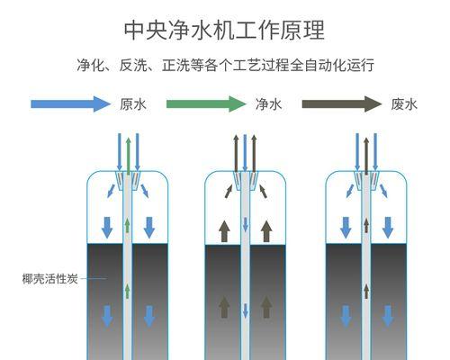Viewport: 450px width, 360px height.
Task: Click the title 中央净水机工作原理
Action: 224,30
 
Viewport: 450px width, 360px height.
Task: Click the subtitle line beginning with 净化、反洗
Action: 225,65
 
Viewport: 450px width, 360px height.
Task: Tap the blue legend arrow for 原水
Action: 71,104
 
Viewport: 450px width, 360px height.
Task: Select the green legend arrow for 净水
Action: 206,104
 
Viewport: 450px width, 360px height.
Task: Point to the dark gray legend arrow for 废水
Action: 342,104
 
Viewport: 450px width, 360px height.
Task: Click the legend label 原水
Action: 133,104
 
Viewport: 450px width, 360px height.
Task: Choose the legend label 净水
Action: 268,104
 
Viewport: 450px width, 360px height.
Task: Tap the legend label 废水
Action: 404,104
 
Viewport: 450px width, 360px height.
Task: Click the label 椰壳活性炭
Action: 50,279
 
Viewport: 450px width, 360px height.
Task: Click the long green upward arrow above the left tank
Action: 129,157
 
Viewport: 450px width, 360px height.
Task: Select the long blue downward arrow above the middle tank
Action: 245,153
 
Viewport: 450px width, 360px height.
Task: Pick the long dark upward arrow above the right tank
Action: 366,157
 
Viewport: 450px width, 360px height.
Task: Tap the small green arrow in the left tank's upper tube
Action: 128,226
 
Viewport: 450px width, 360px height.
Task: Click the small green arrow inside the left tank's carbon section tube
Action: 128,291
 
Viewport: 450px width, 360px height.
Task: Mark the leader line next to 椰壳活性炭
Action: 94,278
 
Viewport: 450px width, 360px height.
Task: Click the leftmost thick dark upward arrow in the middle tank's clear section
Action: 224,231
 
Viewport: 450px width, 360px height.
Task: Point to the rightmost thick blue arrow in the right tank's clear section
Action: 388,228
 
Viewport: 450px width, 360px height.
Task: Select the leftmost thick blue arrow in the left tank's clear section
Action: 107,228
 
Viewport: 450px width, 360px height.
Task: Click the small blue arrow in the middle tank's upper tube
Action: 246,225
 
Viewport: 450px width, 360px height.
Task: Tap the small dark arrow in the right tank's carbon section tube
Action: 366,291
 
